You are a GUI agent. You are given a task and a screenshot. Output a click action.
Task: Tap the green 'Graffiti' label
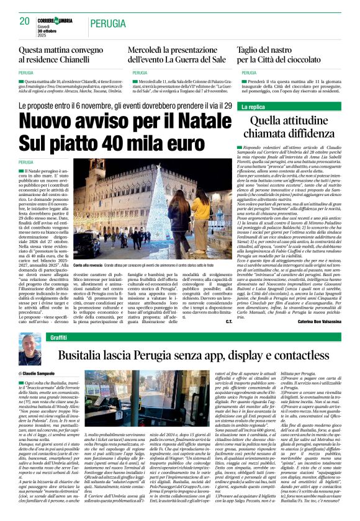58,337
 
